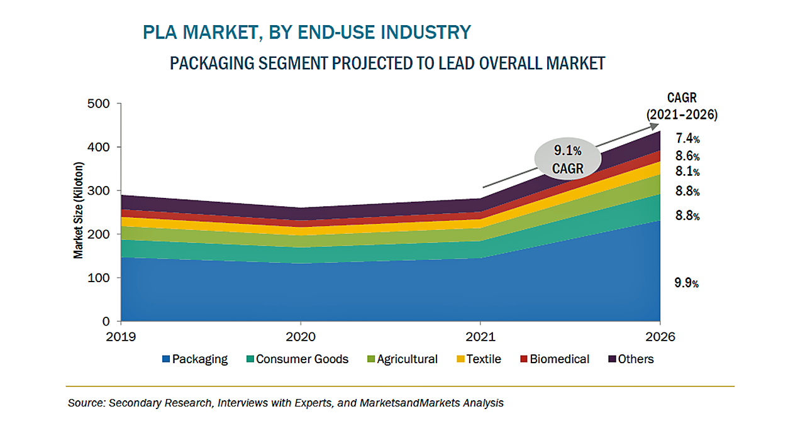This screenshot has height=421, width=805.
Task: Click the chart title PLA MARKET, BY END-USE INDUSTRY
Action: [x=307, y=32]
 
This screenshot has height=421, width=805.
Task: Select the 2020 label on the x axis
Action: [x=303, y=337]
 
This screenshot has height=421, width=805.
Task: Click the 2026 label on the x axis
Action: [x=660, y=337]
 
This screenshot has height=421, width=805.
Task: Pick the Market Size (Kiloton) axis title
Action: [x=79, y=212]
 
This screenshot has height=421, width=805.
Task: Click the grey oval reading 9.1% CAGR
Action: [x=568, y=158]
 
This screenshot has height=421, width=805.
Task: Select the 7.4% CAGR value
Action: [x=687, y=138]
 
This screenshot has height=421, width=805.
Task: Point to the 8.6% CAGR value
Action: [x=687, y=156]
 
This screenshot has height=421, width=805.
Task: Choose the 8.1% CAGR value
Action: [x=687, y=172]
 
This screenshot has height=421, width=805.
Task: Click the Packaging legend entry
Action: [x=195, y=359]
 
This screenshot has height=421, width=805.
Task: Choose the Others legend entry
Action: [x=631, y=359]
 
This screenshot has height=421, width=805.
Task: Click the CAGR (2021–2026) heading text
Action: [x=682, y=106]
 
